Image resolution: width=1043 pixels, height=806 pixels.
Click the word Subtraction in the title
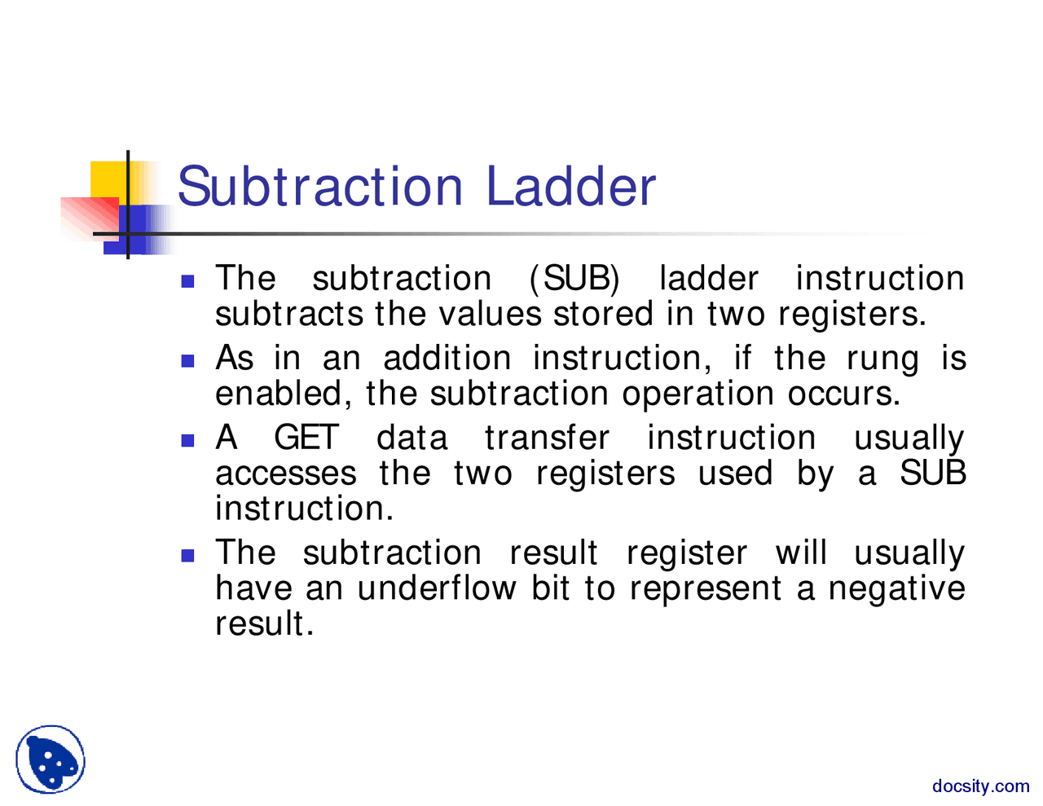(x=320, y=187)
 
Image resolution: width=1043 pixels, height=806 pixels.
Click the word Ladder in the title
(x=571, y=187)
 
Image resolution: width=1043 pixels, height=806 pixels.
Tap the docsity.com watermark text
(x=980, y=786)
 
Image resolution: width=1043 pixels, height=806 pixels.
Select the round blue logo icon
(x=51, y=760)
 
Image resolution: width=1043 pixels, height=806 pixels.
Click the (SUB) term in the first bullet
(x=574, y=279)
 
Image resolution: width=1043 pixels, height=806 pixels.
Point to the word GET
(x=306, y=438)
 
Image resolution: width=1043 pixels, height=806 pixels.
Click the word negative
(x=896, y=588)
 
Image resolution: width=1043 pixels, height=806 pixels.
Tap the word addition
(x=447, y=359)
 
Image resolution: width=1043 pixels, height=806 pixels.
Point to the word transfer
(x=547, y=438)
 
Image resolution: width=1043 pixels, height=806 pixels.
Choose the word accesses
(x=286, y=473)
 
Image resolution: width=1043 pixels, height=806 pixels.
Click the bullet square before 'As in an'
(x=188, y=360)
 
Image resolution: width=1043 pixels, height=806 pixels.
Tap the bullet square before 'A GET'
(x=188, y=440)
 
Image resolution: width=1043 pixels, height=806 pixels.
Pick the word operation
(x=698, y=394)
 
